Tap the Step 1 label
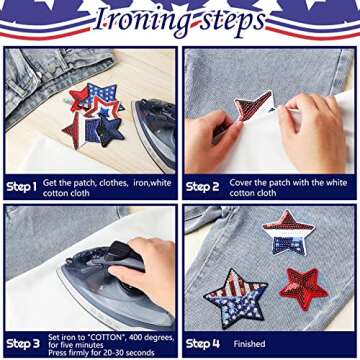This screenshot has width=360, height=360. [x=21, y=187]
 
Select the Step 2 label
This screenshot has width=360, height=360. [x=203, y=187]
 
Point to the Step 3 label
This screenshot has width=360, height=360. [x=21, y=342]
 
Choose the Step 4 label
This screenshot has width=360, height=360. [x=203, y=344]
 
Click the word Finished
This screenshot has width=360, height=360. [x=250, y=344]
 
